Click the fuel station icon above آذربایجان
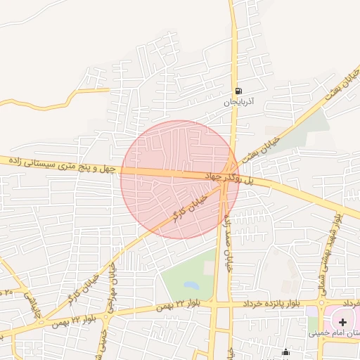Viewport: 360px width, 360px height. pyautogui.click(x=239, y=91)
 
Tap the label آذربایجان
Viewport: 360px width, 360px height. pyautogui.click(x=238, y=102)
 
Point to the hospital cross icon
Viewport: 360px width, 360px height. pyautogui.click(x=342, y=322)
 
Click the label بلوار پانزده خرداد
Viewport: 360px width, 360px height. pyautogui.click(x=271, y=303)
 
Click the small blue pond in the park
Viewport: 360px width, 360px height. pyautogui.click(x=191, y=285)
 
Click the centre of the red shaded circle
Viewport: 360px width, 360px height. pyautogui.click(x=180, y=179)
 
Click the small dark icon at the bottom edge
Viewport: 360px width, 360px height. pyautogui.click(x=285, y=354)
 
